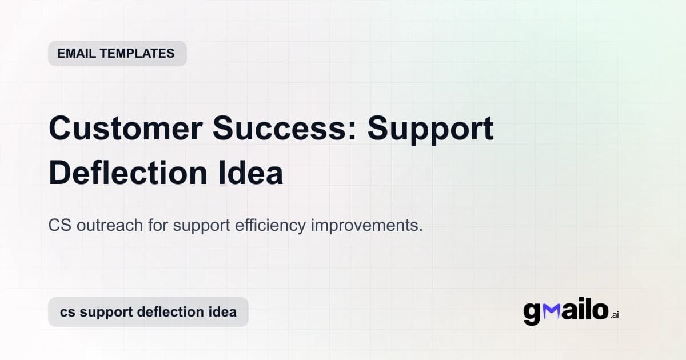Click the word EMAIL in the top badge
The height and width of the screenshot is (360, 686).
pos(77,54)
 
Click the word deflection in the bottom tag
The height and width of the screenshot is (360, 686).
pos(171,313)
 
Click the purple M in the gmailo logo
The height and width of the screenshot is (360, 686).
pos(551,311)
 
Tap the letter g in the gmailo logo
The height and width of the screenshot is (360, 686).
pos(532,314)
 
